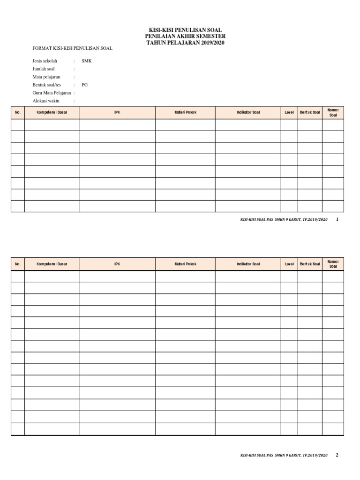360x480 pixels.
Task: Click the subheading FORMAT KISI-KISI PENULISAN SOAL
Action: point(72,48)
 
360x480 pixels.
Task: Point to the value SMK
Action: point(87,61)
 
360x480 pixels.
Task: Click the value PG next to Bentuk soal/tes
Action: point(84,85)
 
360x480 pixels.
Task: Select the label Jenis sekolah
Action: point(45,61)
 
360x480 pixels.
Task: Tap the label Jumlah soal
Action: point(44,69)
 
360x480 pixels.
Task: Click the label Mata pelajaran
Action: point(46,77)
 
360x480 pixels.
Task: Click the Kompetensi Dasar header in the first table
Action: point(52,112)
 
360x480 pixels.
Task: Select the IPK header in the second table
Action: point(117,264)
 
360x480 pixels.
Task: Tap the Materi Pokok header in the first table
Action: point(186,112)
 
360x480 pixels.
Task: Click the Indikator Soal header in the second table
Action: point(248,264)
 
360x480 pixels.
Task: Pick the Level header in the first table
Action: point(289,112)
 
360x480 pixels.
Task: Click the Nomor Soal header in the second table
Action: point(333,264)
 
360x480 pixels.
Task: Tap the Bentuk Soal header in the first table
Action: point(310,112)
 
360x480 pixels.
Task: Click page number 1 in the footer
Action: point(337,219)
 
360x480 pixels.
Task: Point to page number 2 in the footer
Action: point(337,455)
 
